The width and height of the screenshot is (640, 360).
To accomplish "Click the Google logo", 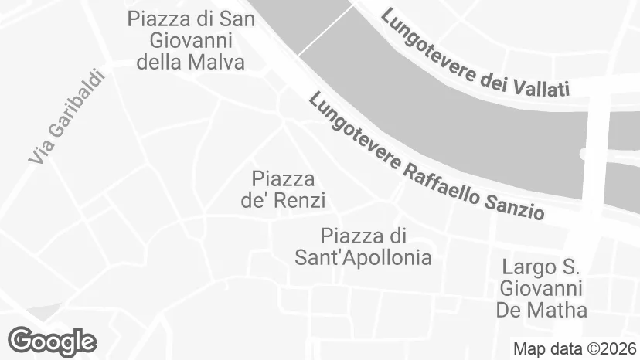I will [52, 340].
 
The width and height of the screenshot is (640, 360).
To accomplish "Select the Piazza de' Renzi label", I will [283, 190].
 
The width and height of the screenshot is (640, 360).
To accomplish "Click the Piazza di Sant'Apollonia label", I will [363, 246].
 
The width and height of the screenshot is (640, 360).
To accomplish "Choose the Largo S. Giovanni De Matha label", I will [542, 289].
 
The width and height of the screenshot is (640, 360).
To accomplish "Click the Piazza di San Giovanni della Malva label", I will [191, 40].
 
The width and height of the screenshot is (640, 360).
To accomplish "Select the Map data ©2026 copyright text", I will [575, 348].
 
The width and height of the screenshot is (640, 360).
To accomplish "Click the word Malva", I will [216, 62].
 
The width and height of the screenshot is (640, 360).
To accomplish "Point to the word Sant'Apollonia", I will [363, 257].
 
